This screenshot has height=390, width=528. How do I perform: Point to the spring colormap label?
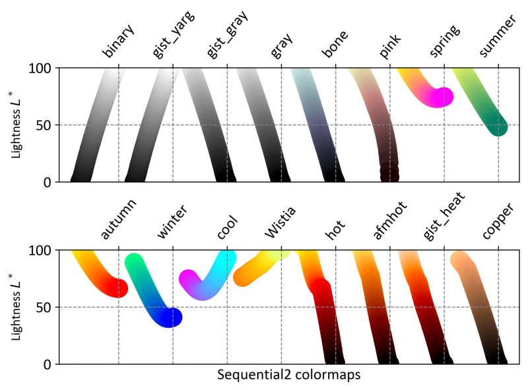click(x=444, y=42)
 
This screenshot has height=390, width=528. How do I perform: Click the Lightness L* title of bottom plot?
click(x=16, y=308)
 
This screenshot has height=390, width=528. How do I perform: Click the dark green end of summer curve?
click(x=497, y=125)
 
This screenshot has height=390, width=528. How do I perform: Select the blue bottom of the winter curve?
click(x=170, y=317)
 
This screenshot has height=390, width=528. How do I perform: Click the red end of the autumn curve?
click(x=117, y=288)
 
